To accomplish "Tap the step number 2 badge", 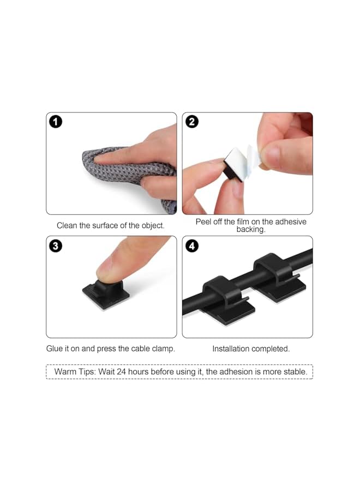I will coord(192,122).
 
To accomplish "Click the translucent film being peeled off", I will coord(248,158).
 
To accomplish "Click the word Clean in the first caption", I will coord(67,225).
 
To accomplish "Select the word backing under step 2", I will coord(250,230).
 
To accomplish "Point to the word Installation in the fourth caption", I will coord(232,349).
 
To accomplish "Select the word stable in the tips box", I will coord(295,372).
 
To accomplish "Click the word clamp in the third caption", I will coord(163,349).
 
